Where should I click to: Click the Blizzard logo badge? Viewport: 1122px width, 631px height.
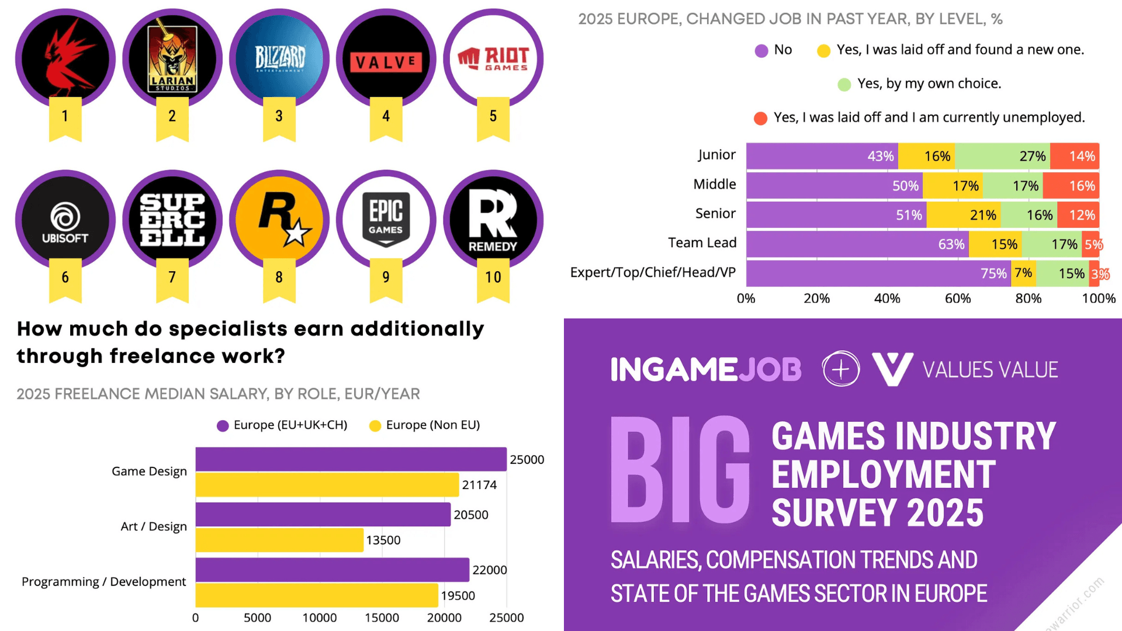[279, 58]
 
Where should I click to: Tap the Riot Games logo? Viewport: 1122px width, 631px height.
[493, 58]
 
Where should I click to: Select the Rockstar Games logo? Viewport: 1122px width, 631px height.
[279, 220]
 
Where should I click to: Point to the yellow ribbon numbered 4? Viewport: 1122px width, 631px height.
[386, 117]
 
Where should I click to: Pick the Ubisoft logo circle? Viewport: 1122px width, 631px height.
[65, 220]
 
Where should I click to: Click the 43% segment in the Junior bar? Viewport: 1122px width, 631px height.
[822, 156]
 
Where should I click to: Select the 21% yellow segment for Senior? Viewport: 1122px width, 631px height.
[964, 215]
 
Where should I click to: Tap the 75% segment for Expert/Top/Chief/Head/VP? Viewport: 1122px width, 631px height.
[878, 273]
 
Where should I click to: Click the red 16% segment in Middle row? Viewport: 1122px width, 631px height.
[1071, 186]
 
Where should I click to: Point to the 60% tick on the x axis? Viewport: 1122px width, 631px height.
[958, 299]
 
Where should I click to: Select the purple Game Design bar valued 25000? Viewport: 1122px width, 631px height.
[351, 459]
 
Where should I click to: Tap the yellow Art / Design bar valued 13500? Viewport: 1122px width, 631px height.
[279, 540]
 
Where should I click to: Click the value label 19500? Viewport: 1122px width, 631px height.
[458, 595]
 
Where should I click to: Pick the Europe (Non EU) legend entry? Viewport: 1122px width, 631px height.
[425, 425]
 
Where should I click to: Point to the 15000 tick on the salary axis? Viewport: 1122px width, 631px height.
[382, 618]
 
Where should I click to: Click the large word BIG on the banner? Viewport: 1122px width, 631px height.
[680, 470]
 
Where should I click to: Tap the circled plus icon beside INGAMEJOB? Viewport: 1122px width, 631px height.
[840, 369]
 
